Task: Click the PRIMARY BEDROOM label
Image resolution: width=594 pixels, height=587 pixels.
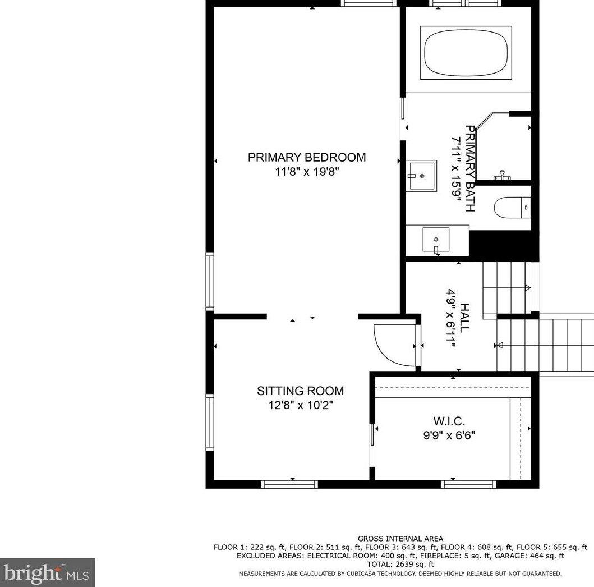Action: coord(306,158)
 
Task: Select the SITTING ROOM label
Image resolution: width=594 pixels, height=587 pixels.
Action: coord(300,391)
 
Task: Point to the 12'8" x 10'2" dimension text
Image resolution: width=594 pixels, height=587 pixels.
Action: coord(300,405)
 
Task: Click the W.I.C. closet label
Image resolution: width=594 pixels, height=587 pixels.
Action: coord(449,421)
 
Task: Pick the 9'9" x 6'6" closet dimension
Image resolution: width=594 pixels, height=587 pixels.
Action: coord(449,435)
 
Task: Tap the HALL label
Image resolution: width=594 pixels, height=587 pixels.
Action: coord(465,318)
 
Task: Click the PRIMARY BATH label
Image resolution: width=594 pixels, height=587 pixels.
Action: coord(470,168)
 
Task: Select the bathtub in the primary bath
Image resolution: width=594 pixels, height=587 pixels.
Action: coord(467,52)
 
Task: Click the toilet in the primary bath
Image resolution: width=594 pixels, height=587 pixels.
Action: coord(512,208)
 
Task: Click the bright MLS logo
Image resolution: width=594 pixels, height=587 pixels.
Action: coord(47,573)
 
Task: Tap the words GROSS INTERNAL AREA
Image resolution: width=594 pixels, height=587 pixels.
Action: coord(400,539)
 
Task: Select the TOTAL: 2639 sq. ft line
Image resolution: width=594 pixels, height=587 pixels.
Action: coord(400,564)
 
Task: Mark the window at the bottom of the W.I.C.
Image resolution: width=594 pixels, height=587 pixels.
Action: coord(468,484)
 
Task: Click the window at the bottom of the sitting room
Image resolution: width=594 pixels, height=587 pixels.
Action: coord(290,484)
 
